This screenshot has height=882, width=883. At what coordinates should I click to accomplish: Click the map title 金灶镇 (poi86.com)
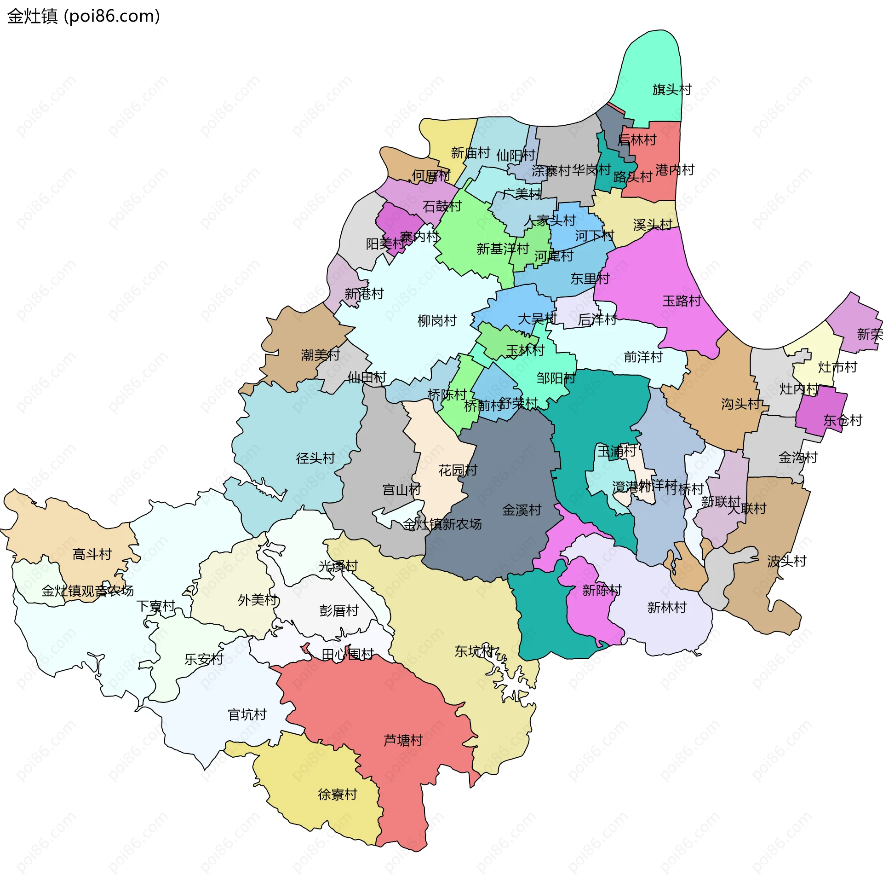pyautogui.click(x=84, y=16)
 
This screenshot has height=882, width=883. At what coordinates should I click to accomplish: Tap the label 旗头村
pyautogui.click(x=672, y=89)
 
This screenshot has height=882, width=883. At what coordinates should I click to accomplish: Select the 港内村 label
pyautogui.click(x=675, y=170)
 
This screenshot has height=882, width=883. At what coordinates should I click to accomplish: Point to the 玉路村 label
pyautogui.click(x=682, y=301)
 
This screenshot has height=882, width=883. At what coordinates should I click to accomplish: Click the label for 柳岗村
pyautogui.click(x=436, y=320)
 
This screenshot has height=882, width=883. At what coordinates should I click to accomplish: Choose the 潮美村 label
pyautogui.click(x=320, y=355)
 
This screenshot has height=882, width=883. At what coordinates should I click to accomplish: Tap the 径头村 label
pyautogui.click(x=315, y=458)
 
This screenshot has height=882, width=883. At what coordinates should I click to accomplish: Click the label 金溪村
pyautogui.click(x=522, y=510)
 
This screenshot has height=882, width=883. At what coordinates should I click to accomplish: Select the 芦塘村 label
pyautogui.click(x=403, y=740)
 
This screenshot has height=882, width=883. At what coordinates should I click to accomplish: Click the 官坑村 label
pyautogui.click(x=247, y=714)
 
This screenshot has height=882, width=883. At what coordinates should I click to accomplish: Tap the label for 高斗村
pyautogui.click(x=92, y=554)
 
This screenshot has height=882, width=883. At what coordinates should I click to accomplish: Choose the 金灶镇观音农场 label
pyautogui.click(x=87, y=591)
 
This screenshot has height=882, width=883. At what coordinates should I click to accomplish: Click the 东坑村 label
pyautogui.click(x=474, y=651)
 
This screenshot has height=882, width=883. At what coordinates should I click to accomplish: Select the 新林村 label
pyautogui.click(x=666, y=608)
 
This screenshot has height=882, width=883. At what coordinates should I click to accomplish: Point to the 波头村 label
pyautogui.click(x=786, y=561)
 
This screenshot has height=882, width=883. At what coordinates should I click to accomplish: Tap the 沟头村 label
pyautogui.click(x=740, y=404)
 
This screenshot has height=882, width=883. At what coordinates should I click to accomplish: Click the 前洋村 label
pyautogui.click(x=643, y=357)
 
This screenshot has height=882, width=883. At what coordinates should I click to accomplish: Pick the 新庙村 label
pyautogui.click(x=470, y=153)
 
